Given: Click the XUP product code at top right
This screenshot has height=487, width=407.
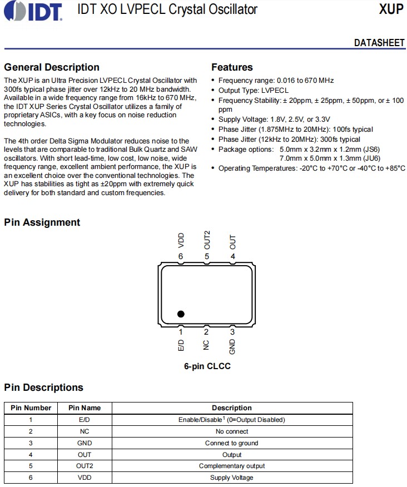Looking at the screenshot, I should click(x=391, y=9).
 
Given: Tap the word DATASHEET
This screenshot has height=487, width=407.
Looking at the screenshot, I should click(x=379, y=43).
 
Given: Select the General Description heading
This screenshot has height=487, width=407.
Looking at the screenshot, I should click(x=52, y=67).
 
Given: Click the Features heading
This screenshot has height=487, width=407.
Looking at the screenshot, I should click(x=232, y=67).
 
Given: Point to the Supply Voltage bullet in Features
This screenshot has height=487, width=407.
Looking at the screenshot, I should click(x=274, y=120).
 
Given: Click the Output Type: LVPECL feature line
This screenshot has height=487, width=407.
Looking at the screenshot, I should click(x=254, y=90).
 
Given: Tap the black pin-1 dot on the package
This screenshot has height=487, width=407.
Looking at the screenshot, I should click(x=181, y=314).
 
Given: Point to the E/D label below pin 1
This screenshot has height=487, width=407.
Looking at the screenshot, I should click(x=181, y=344).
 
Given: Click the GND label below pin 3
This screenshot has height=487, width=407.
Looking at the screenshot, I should click(x=232, y=346).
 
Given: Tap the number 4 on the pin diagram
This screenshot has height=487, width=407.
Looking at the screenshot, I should click(x=232, y=256).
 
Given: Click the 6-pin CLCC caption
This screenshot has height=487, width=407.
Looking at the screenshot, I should click(x=207, y=366).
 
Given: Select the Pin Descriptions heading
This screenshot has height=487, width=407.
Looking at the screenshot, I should click(x=43, y=387).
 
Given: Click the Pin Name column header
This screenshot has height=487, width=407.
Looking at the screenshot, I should click(x=85, y=408).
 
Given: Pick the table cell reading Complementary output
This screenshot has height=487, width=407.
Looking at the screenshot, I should click(x=232, y=466).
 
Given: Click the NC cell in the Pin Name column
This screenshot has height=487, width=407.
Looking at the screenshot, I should click(x=85, y=431).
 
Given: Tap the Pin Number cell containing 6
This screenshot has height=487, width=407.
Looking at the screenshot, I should click(x=31, y=478).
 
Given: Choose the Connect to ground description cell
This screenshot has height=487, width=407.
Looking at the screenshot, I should click(x=232, y=443).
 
